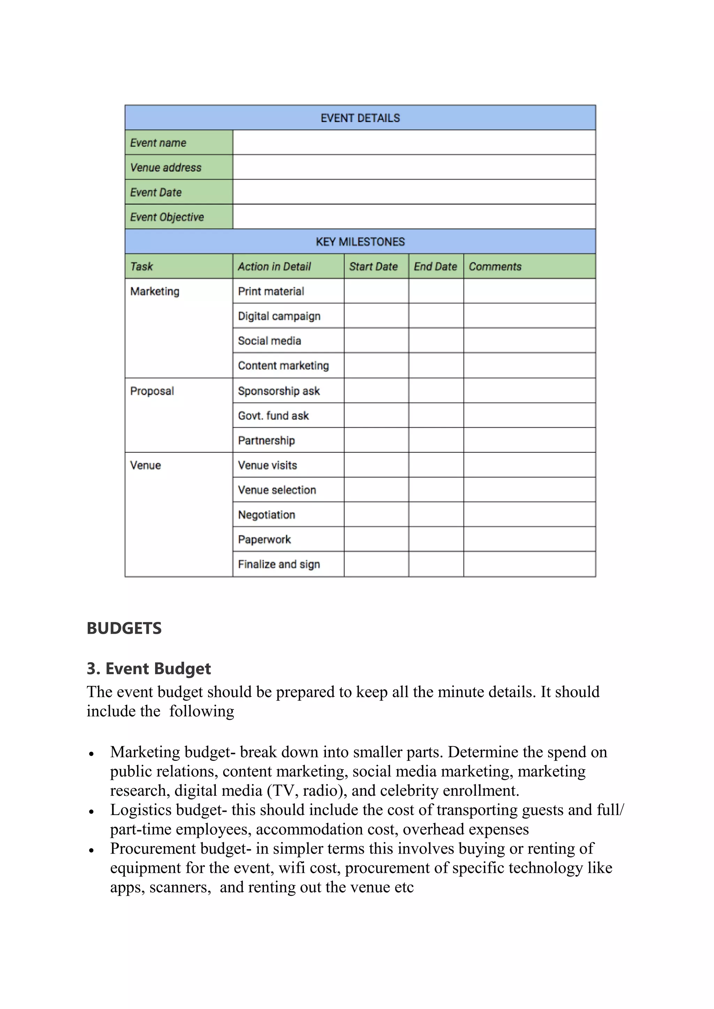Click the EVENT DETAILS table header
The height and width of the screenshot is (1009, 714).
click(360, 118)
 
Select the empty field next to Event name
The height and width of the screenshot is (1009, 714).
click(414, 143)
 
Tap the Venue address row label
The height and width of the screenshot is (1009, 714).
click(166, 168)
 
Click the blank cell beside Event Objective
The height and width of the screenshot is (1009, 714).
click(414, 217)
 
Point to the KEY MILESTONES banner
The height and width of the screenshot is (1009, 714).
click(360, 242)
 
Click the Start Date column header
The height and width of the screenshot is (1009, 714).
click(373, 266)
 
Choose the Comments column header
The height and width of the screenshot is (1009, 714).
click(495, 266)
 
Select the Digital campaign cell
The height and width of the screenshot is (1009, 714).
click(279, 316)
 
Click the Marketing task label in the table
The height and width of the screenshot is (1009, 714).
click(155, 291)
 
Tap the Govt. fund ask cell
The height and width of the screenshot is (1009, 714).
click(273, 416)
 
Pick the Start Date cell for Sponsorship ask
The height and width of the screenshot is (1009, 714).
click(376, 391)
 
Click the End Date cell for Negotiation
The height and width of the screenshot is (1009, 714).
click(436, 515)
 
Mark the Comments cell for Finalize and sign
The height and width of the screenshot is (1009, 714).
click(529, 564)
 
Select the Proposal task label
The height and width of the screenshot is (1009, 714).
click(152, 391)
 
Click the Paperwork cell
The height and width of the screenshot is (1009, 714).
click(265, 540)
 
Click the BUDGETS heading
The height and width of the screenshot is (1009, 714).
click(124, 628)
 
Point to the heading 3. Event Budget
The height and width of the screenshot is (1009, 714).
click(149, 668)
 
